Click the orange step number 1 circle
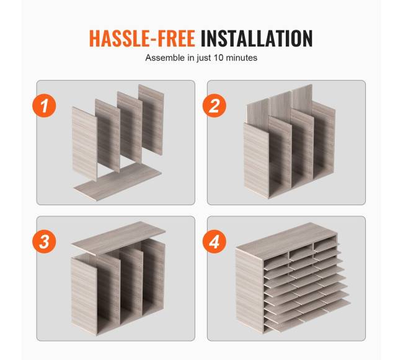44,105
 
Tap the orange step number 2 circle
215,105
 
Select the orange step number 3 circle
44,242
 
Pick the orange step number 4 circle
215,242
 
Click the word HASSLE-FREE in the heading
142,38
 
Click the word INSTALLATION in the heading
257,38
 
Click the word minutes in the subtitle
241,58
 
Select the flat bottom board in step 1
118,182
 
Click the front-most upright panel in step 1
84,144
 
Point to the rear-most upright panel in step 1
151,120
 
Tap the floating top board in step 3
118,239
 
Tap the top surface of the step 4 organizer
286,237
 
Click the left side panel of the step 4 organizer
250,290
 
